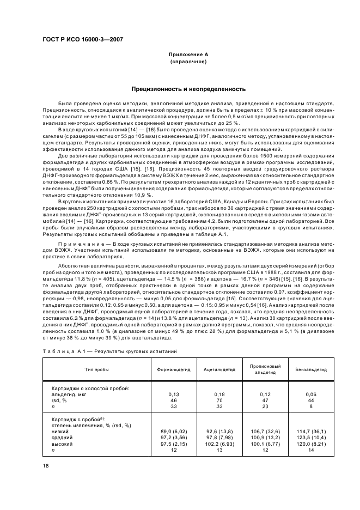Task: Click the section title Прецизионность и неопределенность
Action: point(188,88)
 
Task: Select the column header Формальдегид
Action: point(174,369)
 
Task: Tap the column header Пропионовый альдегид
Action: point(265,369)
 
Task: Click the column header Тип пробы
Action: point(96,369)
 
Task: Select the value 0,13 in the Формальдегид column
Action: point(174,393)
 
